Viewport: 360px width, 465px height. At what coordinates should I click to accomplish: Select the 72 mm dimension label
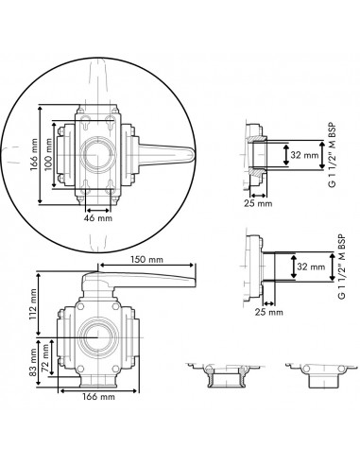(x=49, y=357)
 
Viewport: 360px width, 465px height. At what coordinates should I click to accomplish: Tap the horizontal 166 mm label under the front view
(x=101, y=399)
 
